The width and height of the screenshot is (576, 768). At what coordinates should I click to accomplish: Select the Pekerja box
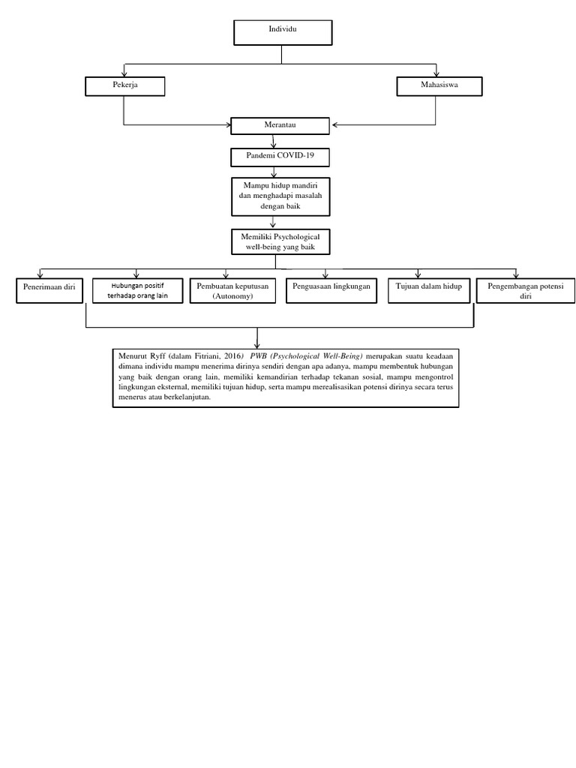pyautogui.click(x=124, y=87)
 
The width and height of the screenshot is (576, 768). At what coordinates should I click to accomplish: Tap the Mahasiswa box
pyautogui.click(x=436, y=87)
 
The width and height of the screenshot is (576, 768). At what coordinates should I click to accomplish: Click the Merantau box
pyautogui.click(x=280, y=126)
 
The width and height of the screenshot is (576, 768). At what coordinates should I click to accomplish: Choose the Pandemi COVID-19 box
pyautogui.click(x=280, y=157)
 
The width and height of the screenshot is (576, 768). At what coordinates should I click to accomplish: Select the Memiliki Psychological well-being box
pyautogui.click(x=280, y=241)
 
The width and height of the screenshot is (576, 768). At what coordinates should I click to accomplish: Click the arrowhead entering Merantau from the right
pyautogui.click(x=334, y=125)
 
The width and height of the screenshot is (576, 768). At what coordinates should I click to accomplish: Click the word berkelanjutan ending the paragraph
pyautogui.click(x=187, y=397)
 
